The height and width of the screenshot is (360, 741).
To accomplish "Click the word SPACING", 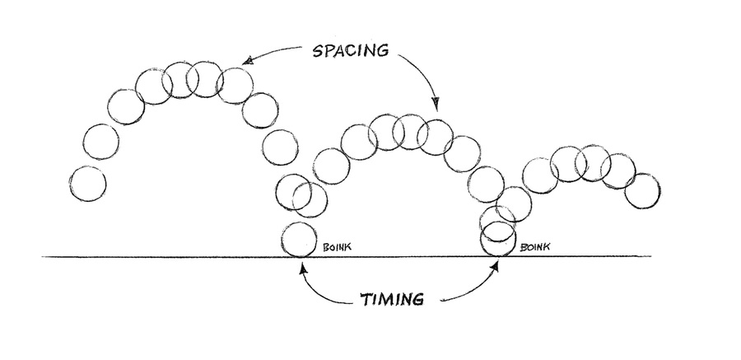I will [350, 50].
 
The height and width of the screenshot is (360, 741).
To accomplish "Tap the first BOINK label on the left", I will [338, 245].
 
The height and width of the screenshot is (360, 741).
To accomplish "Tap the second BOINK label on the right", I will [535, 245].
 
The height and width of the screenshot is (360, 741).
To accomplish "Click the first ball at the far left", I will [89, 183].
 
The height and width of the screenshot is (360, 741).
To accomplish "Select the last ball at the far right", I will [642, 190].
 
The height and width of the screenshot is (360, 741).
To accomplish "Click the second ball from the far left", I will [100, 142].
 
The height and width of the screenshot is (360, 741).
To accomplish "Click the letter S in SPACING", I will [318, 50].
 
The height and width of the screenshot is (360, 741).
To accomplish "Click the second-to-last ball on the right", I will [618, 171].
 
